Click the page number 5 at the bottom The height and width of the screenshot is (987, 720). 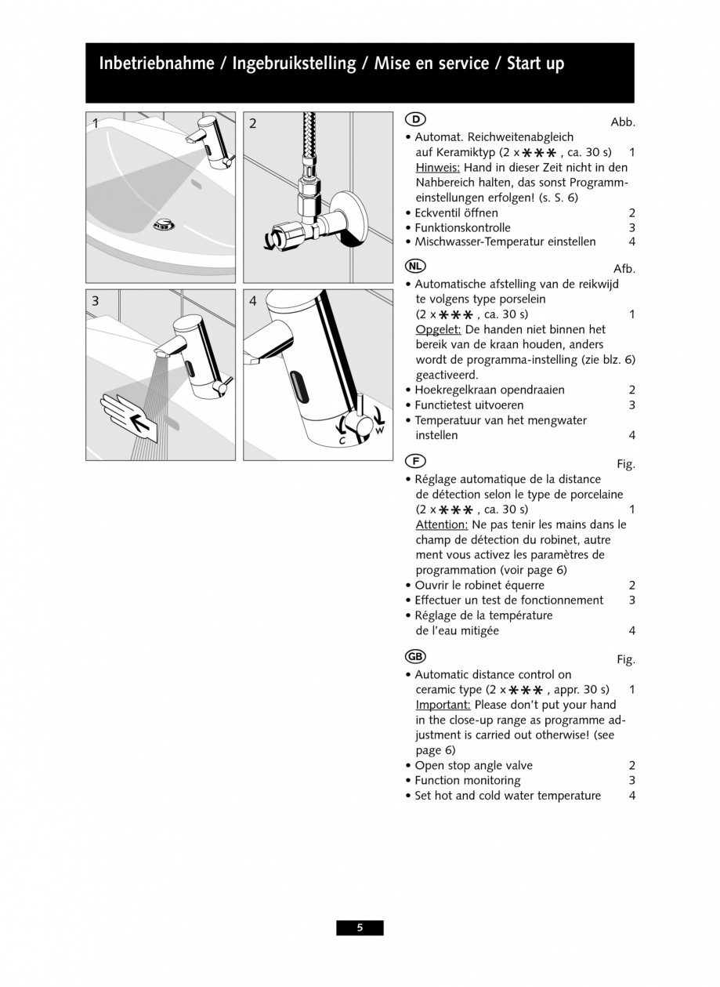pyautogui.click(x=360, y=927)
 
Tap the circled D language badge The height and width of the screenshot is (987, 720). pyautogui.click(x=415, y=119)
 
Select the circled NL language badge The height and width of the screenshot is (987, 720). pyautogui.click(x=416, y=265)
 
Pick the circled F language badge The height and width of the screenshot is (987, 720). pyautogui.click(x=415, y=460)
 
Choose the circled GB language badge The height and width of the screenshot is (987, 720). pyautogui.click(x=416, y=655)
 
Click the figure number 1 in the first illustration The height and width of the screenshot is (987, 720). pyautogui.click(x=96, y=123)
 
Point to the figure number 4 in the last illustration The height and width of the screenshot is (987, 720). pyautogui.click(x=252, y=300)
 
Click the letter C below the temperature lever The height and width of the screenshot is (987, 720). pyautogui.click(x=342, y=441)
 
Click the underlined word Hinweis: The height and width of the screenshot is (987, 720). pyautogui.click(x=437, y=167)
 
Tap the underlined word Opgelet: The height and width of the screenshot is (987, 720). pyautogui.click(x=437, y=329)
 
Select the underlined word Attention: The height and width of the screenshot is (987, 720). pyautogui.click(x=441, y=524)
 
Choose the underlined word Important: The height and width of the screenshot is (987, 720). pyautogui.click(x=442, y=705)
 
